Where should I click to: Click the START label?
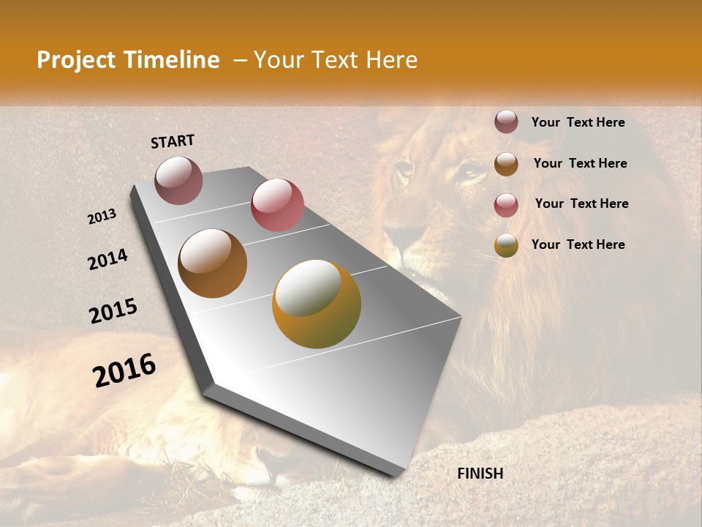173,141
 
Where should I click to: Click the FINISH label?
480,474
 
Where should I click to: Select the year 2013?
102,217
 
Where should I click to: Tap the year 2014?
107,259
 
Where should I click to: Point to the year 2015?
113,311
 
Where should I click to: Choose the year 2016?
124,370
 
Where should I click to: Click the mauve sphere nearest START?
178,180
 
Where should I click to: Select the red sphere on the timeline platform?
277,205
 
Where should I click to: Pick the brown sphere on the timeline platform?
212,263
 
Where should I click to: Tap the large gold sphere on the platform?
316,304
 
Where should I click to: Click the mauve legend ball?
506,122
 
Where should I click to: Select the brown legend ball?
506,163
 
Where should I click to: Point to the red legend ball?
506,204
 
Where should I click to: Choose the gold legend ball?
506,245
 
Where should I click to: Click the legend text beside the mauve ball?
578,122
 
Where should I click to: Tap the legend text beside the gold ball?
578,244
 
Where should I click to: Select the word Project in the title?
75,60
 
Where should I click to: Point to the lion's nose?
401,236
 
